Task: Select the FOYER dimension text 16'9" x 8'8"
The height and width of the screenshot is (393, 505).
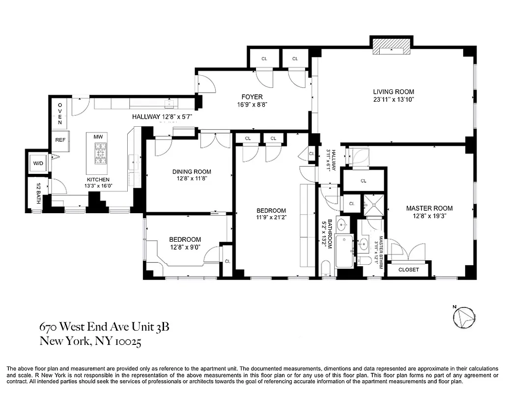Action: click(252, 105)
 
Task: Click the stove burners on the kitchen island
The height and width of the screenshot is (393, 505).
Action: click(101, 153)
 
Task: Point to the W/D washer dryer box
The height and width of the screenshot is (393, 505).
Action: click(38, 163)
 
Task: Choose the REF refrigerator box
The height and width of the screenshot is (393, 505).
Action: click(60, 140)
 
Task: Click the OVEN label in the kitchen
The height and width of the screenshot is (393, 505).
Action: click(60, 113)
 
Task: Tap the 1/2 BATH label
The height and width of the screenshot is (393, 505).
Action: click(38, 193)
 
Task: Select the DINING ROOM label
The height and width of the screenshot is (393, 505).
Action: click(192, 171)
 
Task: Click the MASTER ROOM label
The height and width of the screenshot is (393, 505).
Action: click(429, 208)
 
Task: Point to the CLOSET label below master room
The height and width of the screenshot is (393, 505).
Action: click(408, 270)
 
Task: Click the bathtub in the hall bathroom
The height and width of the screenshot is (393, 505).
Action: click(344, 251)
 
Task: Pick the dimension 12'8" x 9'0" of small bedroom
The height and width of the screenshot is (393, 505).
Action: click(185, 248)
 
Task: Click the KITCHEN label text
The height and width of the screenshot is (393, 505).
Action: click(98, 179)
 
